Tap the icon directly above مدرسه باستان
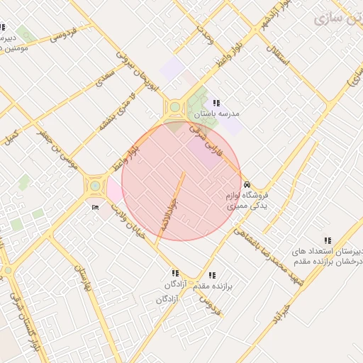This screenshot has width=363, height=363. coord(216,104)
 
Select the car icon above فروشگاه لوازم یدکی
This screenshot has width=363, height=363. coord(246,183)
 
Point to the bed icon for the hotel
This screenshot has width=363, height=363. coord(96,207)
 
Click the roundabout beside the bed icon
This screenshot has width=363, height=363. coord(94,186)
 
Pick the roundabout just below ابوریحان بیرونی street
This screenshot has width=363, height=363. coord(174,108)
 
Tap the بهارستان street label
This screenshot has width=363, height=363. coord(83,279)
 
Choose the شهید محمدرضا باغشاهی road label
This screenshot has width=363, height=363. coord(269,252)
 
